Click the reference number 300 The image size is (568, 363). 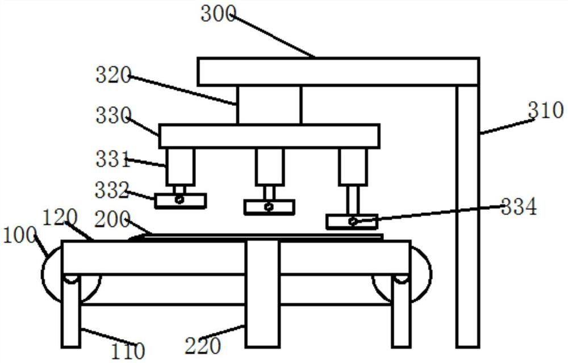pos(218,14)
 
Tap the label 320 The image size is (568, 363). pos(113,76)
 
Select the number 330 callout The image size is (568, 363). pos(113,117)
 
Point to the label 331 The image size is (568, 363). pos(113,160)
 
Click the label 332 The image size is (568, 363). pos(112,190)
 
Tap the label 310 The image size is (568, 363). pos(545,110)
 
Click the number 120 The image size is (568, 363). pos(60,217)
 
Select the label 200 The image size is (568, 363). pos(113,219)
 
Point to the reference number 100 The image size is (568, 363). pos(19,234)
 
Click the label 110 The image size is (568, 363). pos(128,350)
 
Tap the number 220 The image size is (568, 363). pos(202,345)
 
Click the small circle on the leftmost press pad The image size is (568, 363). pos(179,200)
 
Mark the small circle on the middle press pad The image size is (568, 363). pos(269,207)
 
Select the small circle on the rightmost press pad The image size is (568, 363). pos(353,221)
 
